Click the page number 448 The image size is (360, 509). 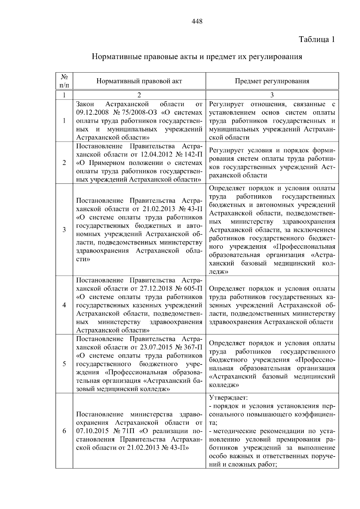(x=197, y=21)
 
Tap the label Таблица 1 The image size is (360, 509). (x=316, y=40)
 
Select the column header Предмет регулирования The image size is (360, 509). (x=272, y=81)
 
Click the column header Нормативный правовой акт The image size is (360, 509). (x=139, y=81)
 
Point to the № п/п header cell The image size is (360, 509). (x=64, y=81)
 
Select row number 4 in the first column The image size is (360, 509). (x=64, y=305)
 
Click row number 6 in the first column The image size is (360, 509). (x=64, y=431)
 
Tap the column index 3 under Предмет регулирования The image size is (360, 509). (x=272, y=95)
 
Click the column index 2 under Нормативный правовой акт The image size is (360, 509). (x=139, y=95)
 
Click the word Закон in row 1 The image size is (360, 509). (x=85, y=104)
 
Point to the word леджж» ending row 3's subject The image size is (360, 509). (x=218, y=272)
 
